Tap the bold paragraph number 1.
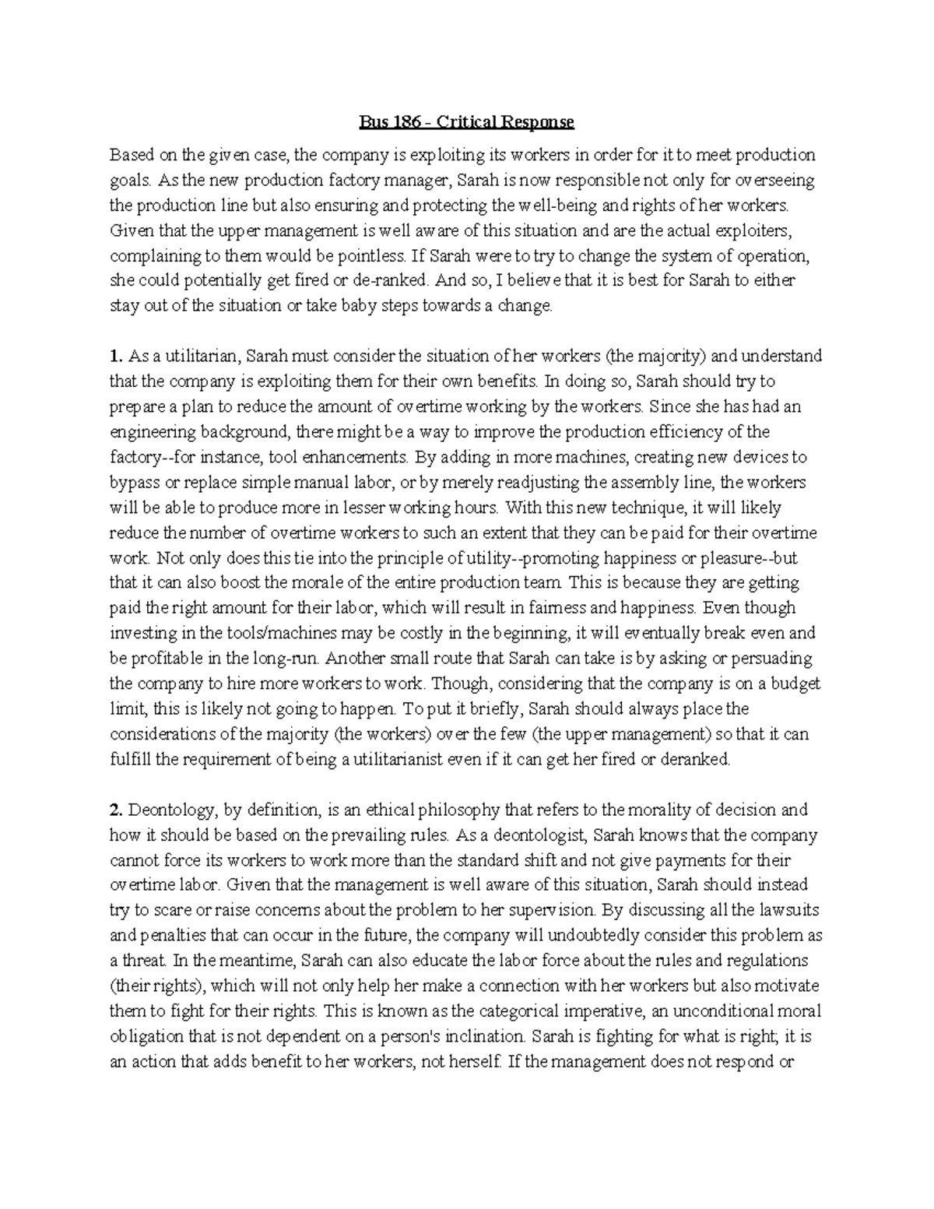[116, 357]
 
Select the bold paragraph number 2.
[116, 810]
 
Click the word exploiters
[771, 230]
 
